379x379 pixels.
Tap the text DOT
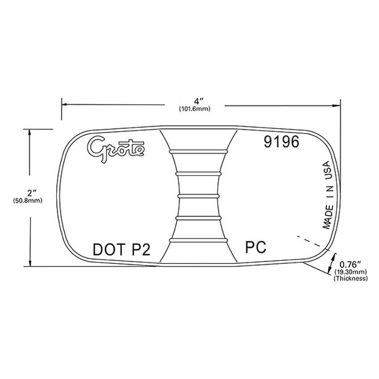pyautogui.click(x=107, y=249)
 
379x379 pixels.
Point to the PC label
pyautogui.click(x=256, y=246)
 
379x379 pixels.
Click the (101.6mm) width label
pyautogui.click(x=194, y=108)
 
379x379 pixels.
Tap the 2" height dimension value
pyautogui.click(x=31, y=193)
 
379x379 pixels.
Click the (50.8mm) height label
pyautogui.click(x=28, y=201)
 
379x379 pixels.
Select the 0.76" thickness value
pyautogui.click(x=350, y=264)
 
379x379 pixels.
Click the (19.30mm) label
pyautogui.click(x=350, y=271)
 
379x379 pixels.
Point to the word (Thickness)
pyautogui.click(x=350, y=278)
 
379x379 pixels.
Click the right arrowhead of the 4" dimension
pyautogui.click(x=338, y=105)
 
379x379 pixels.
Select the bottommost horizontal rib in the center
pyautogui.click(x=197, y=240)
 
